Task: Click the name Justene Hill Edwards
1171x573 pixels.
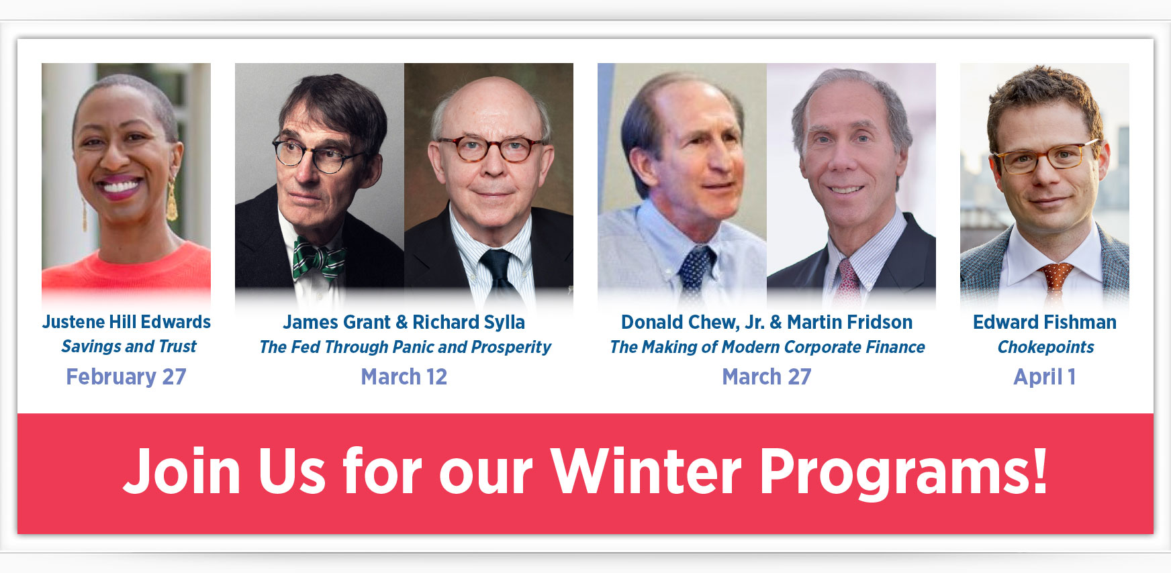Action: coord(126,322)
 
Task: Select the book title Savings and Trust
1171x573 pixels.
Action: coord(129,346)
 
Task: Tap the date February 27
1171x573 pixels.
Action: coord(126,377)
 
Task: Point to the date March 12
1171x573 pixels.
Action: coord(404,377)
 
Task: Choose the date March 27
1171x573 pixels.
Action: coord(767,377)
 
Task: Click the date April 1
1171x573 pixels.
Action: coord(1045,377)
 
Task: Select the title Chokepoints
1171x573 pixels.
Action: coord(1045,347)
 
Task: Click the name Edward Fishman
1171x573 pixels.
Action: coord(1045,322)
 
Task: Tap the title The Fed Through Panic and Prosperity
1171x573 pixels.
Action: coord(405,347)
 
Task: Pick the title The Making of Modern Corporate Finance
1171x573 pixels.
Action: coord(767,347)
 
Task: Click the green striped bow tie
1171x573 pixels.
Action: coord(319,258)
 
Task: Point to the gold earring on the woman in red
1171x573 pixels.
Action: coord(172,201)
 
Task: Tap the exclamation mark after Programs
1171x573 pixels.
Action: coord(1039,470)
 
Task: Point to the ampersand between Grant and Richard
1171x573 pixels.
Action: coord(402,323)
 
